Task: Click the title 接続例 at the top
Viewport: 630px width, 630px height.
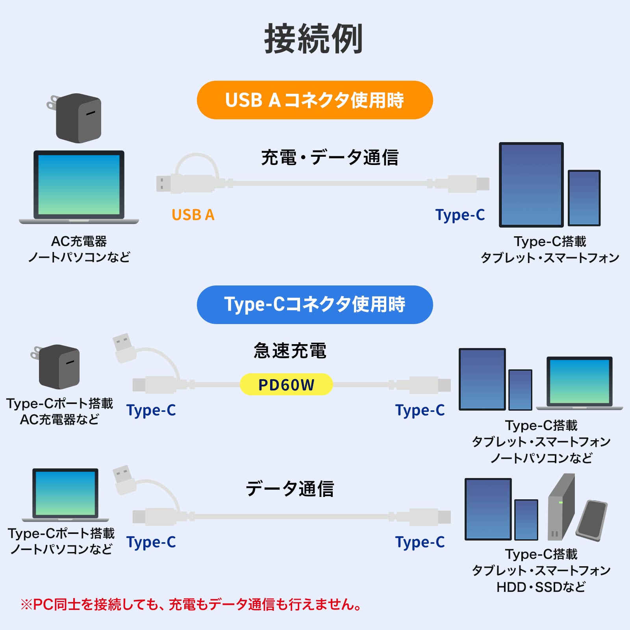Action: (x=313, y=39)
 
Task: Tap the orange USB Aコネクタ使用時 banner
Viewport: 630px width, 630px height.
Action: (x=315, y=100)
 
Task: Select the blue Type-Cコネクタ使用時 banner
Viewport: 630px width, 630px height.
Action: (x=315, y=304)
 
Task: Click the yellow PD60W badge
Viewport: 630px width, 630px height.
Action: (x=286, y=385)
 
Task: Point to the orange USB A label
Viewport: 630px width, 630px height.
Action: (x=193, y=215)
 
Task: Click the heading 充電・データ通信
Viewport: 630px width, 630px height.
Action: (x=330, y=157)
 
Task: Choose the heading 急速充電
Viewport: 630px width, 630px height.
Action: (x=290, y=350)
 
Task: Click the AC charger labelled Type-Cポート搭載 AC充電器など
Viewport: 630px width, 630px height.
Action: (x=58, y=366)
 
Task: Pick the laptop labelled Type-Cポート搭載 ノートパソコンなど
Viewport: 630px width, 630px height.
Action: (x=65, y=494)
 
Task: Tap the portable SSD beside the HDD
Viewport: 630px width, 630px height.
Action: (x=592, y=520)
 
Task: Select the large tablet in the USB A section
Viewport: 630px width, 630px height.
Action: (x=531, y=185)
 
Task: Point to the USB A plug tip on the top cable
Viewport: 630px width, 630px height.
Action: (x=163, y=183)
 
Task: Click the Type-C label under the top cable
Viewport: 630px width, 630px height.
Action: (x=460, y=215)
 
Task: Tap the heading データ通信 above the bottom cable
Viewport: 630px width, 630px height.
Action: (x=290, y=489)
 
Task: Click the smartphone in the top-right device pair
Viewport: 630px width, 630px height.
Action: (x=584, y=198)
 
